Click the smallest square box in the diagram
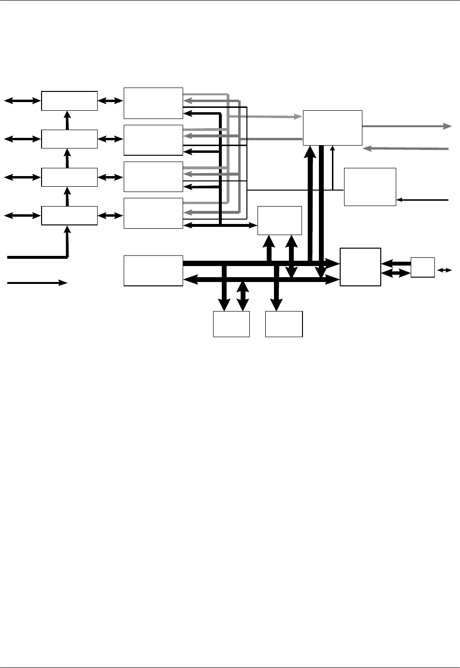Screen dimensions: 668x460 pos(422,268)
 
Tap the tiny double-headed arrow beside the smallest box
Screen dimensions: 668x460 pos(445,270)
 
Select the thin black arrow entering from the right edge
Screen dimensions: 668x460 pos(422,199)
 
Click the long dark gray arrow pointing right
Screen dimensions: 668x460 pos(406,126)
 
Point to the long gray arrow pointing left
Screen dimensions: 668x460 pos(406,148)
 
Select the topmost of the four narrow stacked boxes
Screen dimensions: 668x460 pos(69,101)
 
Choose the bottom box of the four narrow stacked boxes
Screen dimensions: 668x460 pos(69,216)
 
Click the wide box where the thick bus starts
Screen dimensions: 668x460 pos(153,271)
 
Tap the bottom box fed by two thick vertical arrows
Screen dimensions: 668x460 pos(231,324)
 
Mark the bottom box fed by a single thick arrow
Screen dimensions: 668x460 pos(284,324)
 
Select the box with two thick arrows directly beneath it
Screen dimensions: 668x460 pos(280,221)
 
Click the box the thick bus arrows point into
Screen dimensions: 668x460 pos(360,267)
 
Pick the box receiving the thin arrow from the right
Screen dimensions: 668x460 pos(370,187)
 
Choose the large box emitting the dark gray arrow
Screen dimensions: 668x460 pos(332,128)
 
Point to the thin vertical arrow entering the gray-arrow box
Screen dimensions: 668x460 pos(332,167)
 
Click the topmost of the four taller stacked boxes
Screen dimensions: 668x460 pos(153,103)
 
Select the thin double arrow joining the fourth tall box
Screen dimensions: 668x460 pos(220,225)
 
